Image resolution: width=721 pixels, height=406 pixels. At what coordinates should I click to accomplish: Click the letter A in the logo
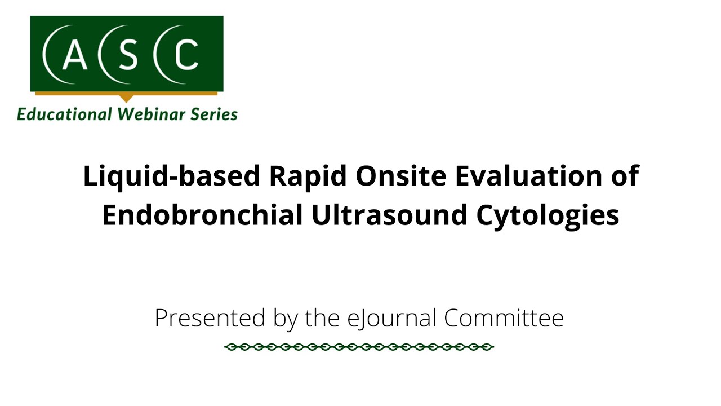(75, 55)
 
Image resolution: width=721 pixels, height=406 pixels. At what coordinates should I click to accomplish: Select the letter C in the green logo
(186, 55)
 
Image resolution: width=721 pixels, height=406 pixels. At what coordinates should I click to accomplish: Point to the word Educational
(64, 114)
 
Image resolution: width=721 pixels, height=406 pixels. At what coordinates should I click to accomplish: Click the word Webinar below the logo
(151, 114)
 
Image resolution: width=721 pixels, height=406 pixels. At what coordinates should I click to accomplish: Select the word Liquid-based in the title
(172, 176)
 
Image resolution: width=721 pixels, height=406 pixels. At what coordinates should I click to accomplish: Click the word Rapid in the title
(308, 176)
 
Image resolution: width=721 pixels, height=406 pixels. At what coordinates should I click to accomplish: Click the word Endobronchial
(202, 215)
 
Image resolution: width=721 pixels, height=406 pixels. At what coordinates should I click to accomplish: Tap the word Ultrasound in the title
(389, 215)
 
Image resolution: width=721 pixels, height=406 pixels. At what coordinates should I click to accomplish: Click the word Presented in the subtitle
(210, 317)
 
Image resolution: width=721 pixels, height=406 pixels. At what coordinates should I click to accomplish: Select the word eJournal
(391, 319)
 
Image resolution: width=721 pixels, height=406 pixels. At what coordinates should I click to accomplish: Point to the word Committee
(504, 317)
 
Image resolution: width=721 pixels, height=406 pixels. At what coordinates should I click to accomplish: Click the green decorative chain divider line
(359, 347)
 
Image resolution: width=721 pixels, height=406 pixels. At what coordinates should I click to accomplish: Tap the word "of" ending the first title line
(625, 175)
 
